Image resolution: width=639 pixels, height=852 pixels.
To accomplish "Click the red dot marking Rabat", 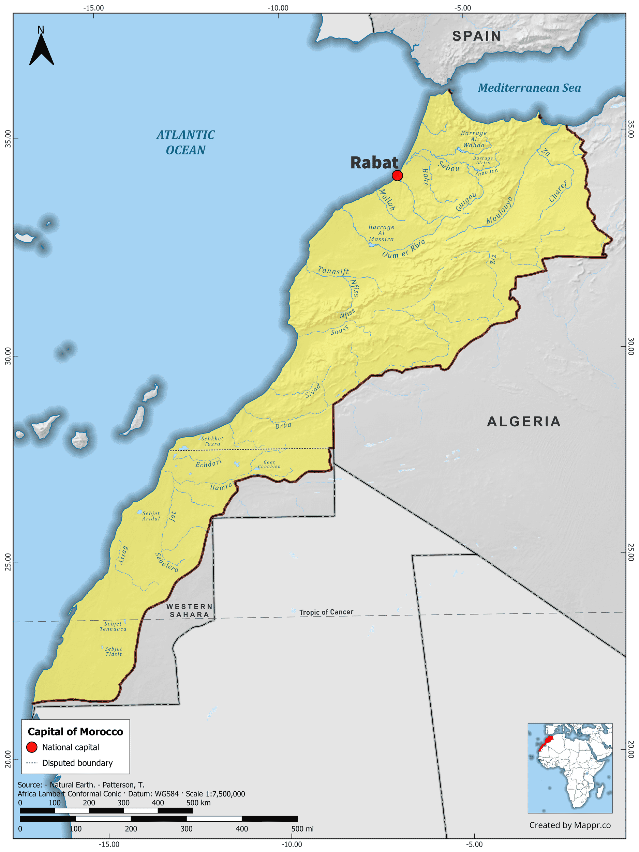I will [397, 176].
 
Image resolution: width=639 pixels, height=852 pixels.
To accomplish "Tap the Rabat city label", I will [374, 163].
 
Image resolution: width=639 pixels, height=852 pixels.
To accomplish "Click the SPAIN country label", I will [476, 36].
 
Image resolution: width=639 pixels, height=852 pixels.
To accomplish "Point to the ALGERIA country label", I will [523, 422].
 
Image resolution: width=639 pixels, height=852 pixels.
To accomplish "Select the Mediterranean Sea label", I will [529, 88].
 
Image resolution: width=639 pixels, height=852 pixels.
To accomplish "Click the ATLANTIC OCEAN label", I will [185, 142].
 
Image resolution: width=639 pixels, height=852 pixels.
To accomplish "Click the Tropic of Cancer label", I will [326, 612].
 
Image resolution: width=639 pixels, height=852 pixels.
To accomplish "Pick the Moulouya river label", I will [499, 210].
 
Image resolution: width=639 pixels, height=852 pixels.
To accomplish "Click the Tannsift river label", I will [333, 271].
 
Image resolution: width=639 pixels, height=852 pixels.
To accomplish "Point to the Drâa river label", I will [283, 426].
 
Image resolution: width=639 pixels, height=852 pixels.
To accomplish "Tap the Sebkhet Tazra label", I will [212, 441].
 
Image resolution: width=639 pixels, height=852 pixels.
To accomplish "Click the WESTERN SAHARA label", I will [189, 610].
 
